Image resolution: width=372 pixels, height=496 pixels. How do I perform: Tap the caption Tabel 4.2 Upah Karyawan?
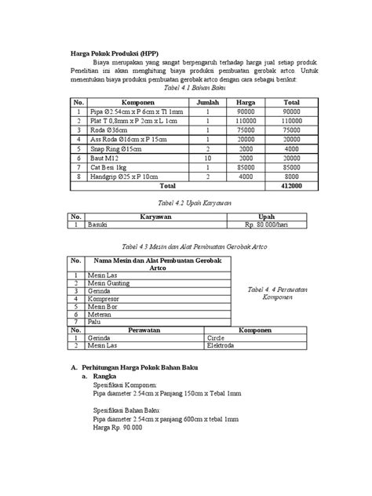[x=184, y=203]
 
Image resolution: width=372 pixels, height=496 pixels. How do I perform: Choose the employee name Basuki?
[x=98, y=224]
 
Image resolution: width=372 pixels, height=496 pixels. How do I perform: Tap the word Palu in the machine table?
[x=94, y=322]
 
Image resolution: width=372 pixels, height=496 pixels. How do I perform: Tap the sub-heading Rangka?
[x=105, y=377]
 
